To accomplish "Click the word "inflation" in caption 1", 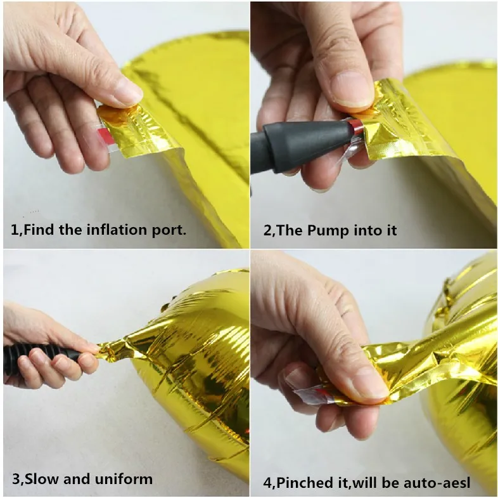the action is pos(117,229).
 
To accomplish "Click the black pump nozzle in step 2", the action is pos(305,145).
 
